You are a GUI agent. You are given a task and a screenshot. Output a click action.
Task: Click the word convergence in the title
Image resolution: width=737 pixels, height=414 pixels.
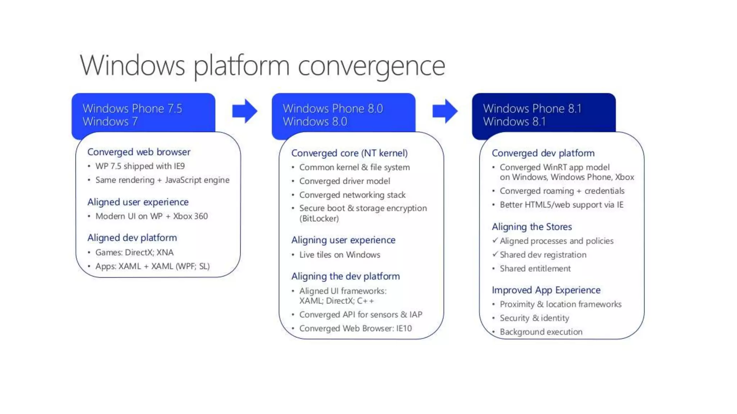tap(371, 66)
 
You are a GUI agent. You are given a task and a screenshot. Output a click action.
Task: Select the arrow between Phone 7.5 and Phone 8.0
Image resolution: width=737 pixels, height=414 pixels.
tap(245, 111)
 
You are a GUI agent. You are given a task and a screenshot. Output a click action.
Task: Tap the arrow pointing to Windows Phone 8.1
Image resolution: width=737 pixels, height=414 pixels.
tap(445, 111)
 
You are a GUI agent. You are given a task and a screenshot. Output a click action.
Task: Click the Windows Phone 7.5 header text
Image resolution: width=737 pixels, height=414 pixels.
tap(132, 108)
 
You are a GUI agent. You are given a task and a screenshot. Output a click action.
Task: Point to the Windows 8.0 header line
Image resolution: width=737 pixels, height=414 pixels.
tap(315, 121)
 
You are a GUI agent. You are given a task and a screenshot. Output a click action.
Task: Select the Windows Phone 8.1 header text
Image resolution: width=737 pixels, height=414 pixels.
tap(532, 108)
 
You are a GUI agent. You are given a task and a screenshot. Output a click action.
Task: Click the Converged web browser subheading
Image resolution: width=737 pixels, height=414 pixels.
tap(139, 152)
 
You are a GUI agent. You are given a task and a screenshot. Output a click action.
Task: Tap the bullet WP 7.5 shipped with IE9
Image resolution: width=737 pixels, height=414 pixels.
tap(140, 166)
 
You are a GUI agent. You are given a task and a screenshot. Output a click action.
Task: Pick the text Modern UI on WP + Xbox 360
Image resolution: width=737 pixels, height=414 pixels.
tap(151, 216)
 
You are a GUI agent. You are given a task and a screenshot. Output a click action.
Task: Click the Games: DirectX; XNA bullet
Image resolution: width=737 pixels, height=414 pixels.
tap(134, 252)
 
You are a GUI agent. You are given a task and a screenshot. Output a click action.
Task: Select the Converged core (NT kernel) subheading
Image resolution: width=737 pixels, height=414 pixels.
tap(349, 153)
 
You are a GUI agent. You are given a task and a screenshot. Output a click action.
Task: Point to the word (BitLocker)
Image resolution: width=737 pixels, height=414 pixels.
tap(319, 218)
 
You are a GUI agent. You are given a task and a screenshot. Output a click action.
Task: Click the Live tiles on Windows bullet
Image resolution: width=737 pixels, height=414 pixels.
tap(339, 255)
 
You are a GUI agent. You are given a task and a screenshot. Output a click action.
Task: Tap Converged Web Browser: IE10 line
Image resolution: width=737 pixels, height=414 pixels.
tap(355, 328)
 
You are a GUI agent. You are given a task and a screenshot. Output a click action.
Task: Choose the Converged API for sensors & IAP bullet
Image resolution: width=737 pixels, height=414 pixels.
tap(361, 314)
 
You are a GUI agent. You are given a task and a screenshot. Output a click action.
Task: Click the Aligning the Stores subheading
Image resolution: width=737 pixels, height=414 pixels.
tap(532, 227)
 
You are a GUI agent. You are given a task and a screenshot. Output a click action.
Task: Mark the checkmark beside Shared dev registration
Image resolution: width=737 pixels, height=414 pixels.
tap(495, 254)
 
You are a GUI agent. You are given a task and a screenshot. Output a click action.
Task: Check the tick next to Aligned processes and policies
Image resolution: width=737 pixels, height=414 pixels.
tap(495, 240)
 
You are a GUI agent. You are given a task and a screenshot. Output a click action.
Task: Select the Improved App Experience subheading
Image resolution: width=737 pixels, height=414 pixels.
tap(546, 290)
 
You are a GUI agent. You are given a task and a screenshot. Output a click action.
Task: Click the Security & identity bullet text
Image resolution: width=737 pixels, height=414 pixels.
tap(534, 318)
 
